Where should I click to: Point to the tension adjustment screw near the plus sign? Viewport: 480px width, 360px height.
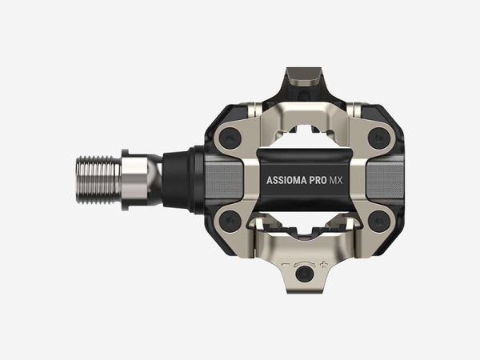point(304,274)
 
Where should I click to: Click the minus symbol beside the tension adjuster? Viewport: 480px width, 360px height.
point(286,264)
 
